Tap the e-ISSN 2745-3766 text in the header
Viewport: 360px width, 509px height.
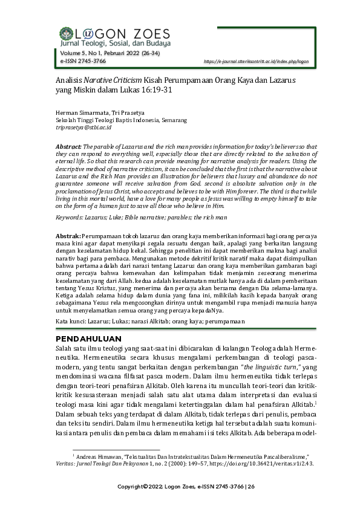(82, 62)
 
